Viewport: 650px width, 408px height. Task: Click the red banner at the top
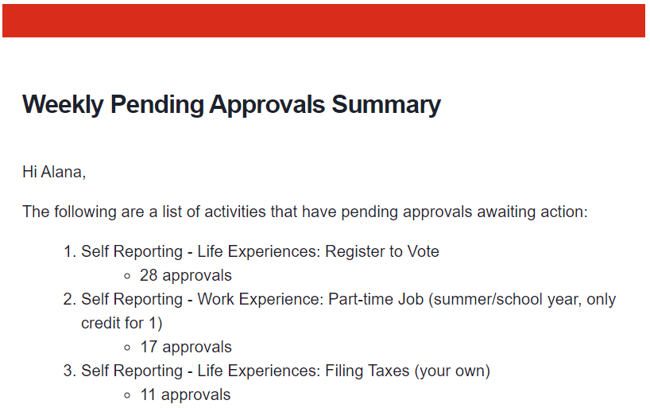pyautogui.click(x=323, y=21)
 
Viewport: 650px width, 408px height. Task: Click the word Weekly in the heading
pyautogui.click(x=63, y=105)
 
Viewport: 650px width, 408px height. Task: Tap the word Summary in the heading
pyautogui.click(x=386, y=105)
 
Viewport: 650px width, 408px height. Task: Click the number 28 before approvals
pyautogui.click(x=149, y=276)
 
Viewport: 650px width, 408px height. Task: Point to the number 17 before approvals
pyautogui.click(x=149, y=347)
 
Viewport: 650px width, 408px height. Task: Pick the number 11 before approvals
pyautogui.click(x=149, y=394)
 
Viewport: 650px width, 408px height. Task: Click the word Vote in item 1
pyautogui.click(x=423, y=251)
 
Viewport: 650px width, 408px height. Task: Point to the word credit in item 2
pyautogui.click(x=100, y=323)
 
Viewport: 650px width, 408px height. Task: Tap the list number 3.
pyautogui.click(x=70, y=371)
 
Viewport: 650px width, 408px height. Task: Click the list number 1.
pyautogui.click(x=70, y=251)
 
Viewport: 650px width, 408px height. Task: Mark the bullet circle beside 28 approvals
pyautogui.click(x=127, y=276)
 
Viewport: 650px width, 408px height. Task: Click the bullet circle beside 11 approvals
pyautogui.click(x=127, y=395)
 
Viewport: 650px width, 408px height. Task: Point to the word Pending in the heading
pyautogui.click(x=157, y=106)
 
